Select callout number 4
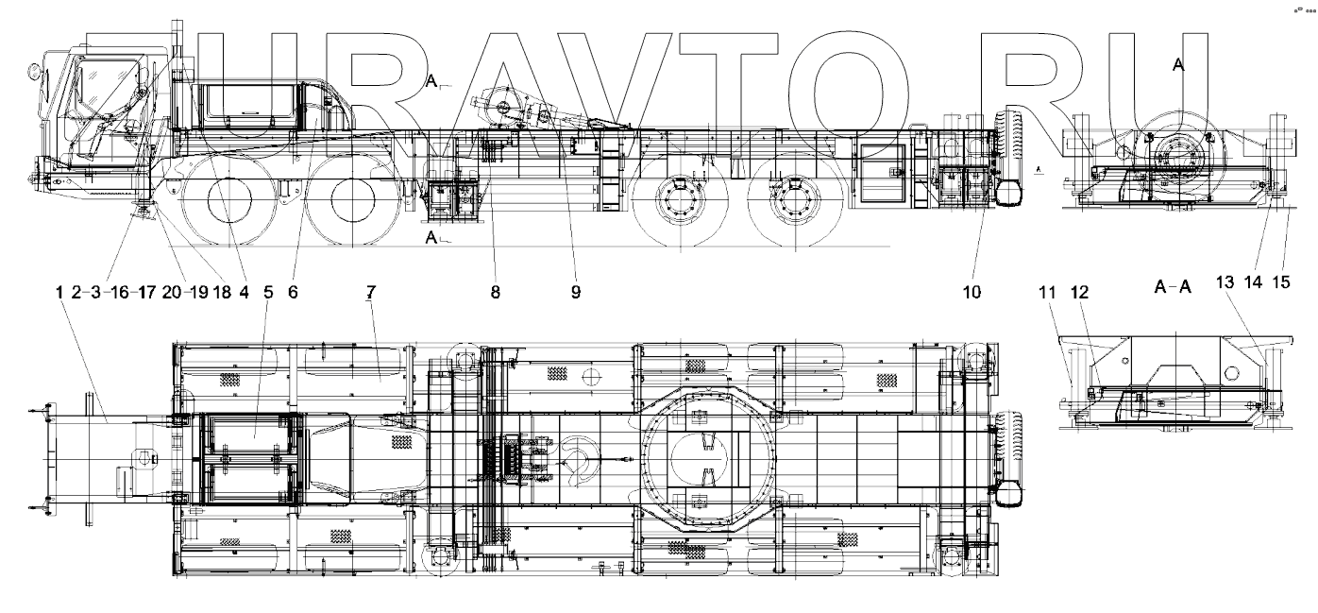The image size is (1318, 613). [x=244, y=293]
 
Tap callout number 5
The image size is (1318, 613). [x=268, y=293]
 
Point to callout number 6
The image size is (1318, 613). [x=293, y=293]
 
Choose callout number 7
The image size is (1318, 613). [x=370, y=293]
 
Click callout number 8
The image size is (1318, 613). [x=495, y=293]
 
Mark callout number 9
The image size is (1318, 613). [x=575, y=293]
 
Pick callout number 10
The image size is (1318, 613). [x=972, y=293]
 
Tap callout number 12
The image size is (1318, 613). [x=1078, y=293]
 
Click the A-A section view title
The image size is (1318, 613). [x=1173, y=289]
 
